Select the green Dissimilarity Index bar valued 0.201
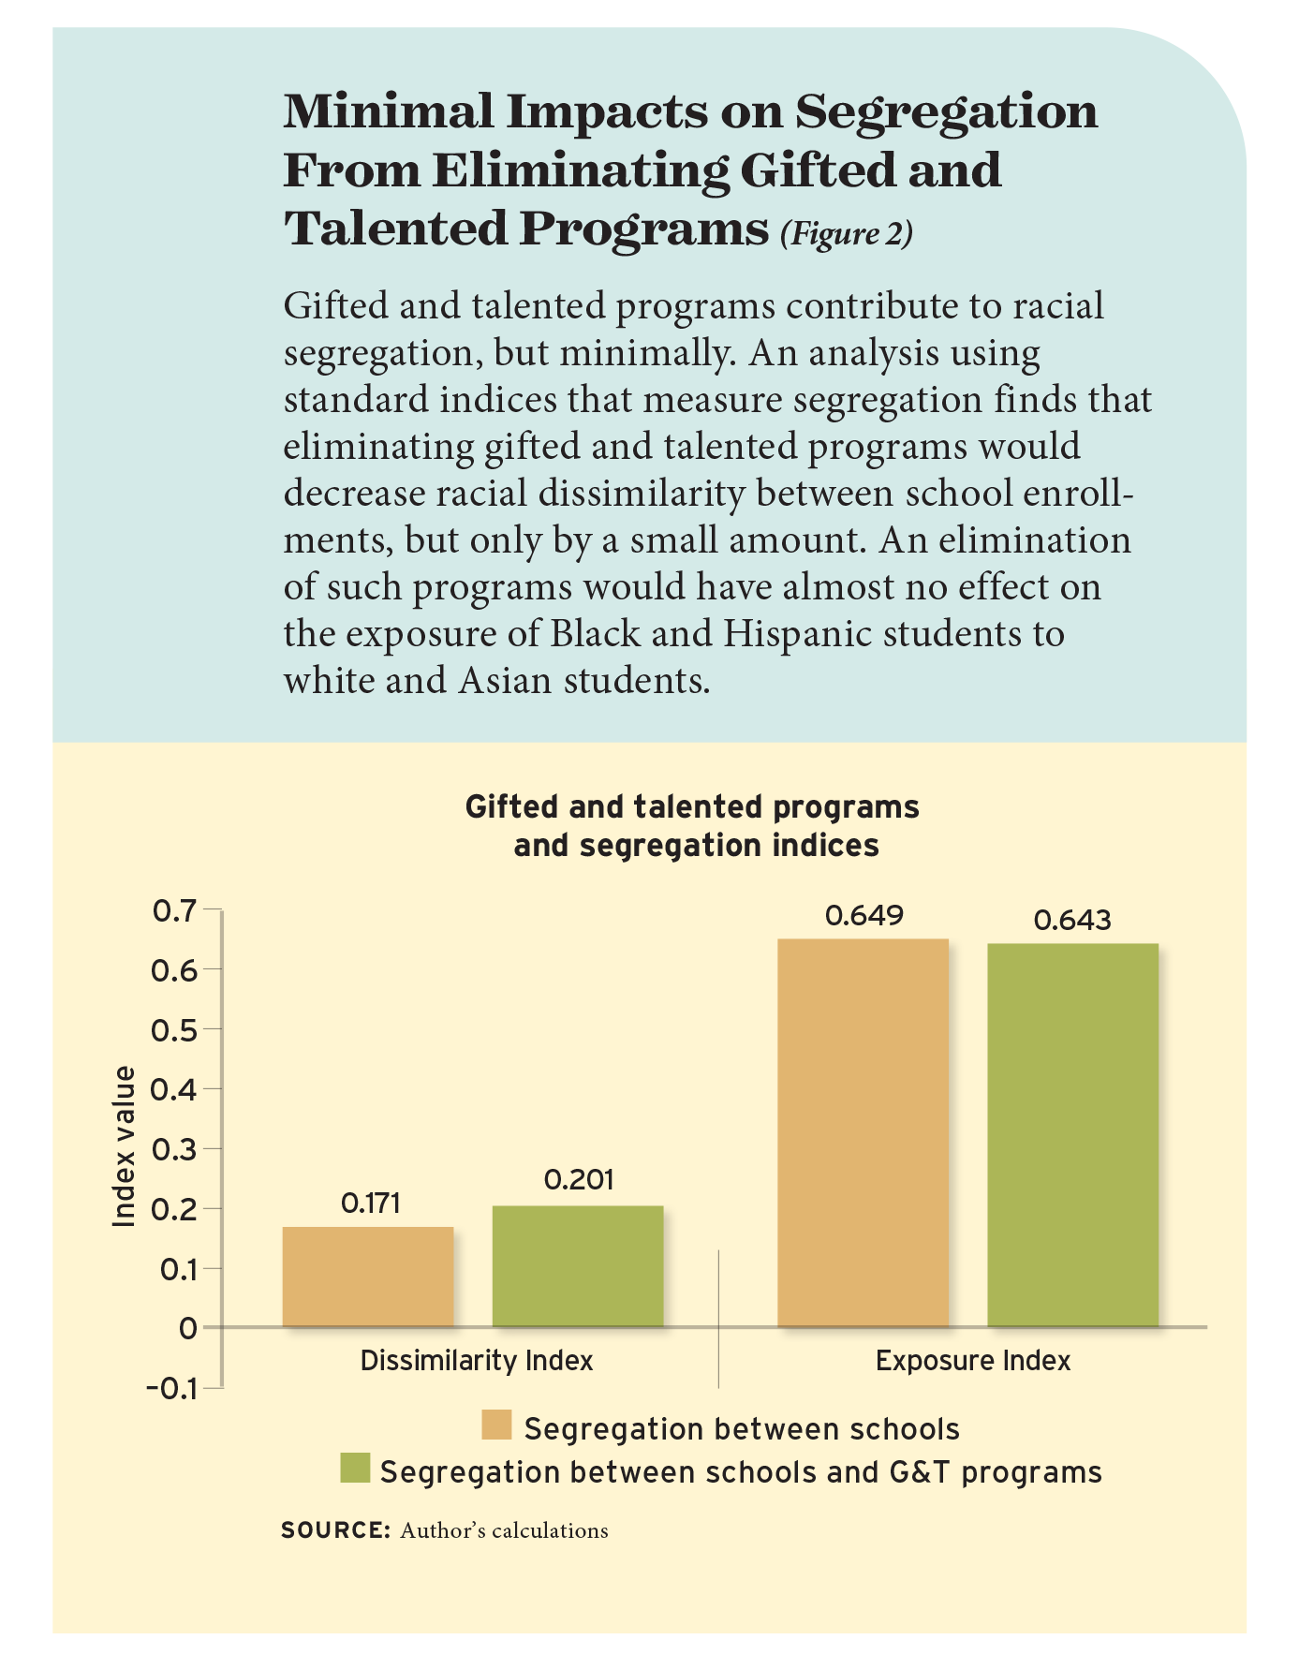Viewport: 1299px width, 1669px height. click(578, 1265)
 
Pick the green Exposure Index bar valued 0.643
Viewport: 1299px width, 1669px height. click(1073, 1134)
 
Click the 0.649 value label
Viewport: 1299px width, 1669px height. click(864, 915)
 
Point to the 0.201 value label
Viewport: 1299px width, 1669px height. click(579, 1179)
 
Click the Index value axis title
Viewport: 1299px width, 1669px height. click(124, 1146)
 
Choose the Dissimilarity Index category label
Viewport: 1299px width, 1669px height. click(477, 1361)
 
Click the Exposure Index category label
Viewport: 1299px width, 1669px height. click(973, 1361)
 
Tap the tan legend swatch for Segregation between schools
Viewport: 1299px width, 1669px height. click(496, 1425)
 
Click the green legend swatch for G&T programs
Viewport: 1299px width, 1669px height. click(355, 1469)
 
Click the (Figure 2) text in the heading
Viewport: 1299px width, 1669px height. click(846, 233)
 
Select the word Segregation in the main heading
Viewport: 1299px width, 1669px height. click(946, 111)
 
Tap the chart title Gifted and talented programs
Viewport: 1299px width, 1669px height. click(692, 807)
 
